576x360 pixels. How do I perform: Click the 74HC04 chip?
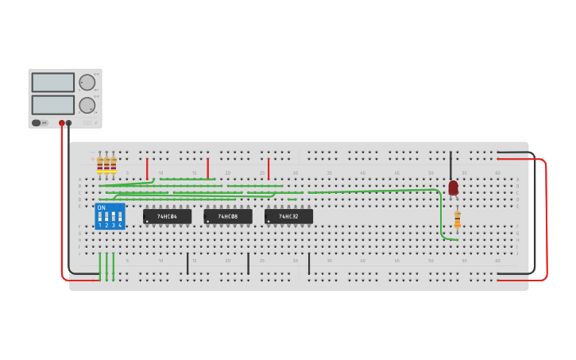coord(167,216)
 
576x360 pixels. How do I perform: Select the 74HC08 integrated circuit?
coord(228,216)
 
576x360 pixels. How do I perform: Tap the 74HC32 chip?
coord(288,216)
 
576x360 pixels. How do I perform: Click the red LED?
coord(453,188)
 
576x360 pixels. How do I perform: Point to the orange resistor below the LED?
coord(457,219)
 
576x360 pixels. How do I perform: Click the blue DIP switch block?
coord(110,216)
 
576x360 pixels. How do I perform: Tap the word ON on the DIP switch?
coord(101,207)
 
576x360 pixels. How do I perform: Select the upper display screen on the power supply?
coord(53,83)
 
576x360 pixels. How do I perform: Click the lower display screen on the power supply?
coord(53,105)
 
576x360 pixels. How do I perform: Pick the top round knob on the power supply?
coord(87,83)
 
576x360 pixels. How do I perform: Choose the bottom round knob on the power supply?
coord(87,105)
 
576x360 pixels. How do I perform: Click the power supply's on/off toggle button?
coord(37,123)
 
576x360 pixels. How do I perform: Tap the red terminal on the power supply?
coord(61,123)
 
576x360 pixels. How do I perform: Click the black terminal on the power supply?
coord(69,123)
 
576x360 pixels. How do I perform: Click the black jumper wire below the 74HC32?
coord(308,264)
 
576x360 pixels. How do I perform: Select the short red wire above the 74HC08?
coord(207,168)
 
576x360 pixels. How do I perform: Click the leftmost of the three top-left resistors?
coord(100,165)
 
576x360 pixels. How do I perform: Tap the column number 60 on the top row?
coord(497,172)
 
